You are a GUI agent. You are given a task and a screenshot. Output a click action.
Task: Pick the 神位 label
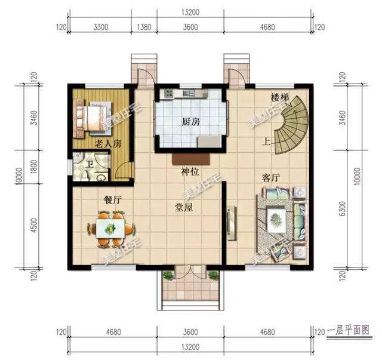(x=191, y=172)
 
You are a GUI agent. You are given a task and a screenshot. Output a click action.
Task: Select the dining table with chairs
(x=112, y=229)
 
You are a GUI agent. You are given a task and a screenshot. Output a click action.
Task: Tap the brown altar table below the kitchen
(x=191, y=159)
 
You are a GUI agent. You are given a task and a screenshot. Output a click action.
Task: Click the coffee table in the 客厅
(x=276, y=217)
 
